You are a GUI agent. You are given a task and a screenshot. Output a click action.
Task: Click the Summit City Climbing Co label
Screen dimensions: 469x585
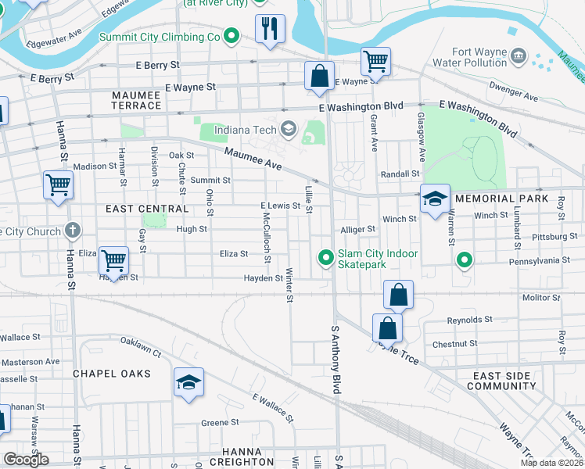[160, 37]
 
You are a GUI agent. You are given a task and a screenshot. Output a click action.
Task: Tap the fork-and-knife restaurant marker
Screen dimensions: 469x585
[270, 29]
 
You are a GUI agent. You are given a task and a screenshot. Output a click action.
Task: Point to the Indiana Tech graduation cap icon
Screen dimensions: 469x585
[288, 129]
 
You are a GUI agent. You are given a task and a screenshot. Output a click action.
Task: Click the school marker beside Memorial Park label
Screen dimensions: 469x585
[435, 199]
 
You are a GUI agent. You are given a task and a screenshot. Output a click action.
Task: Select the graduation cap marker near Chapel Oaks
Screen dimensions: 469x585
[188, 382]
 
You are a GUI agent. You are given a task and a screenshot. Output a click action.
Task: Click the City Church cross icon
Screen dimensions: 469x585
[73, 231]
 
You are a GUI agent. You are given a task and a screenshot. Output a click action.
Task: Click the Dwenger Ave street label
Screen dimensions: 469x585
[513, 92]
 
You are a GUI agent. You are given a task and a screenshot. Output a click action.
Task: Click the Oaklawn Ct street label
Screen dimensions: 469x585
[141, 353]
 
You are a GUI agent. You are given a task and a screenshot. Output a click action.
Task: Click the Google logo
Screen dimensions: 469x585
[26, 459]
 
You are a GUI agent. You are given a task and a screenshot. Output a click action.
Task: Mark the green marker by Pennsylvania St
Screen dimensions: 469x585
[465, 259]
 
